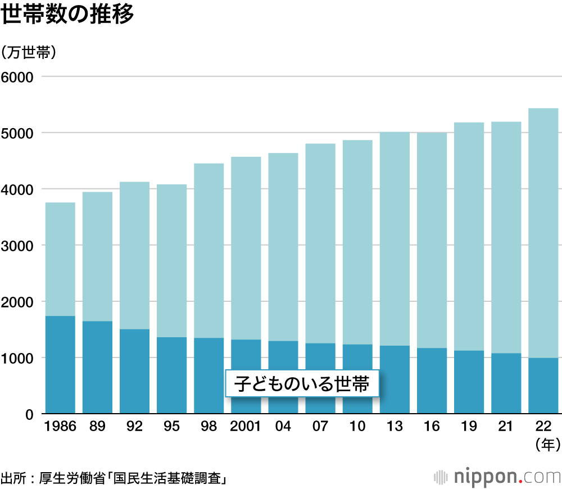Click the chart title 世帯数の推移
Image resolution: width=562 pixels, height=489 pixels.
pos(67,15)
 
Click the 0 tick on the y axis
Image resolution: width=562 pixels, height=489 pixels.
pos(31,415)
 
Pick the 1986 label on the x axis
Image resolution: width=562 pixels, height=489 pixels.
pos(60,427)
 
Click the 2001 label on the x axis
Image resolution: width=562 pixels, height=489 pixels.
pos(246,427)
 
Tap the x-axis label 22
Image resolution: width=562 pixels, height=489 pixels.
pos(543,427)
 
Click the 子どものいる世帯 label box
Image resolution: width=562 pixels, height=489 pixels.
pos(301,384)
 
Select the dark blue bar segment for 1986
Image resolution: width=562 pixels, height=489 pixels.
pos(60,365)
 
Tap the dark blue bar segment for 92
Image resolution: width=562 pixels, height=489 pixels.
pos(134,372)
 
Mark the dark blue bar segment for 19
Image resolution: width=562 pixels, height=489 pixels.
pos(469,382)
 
